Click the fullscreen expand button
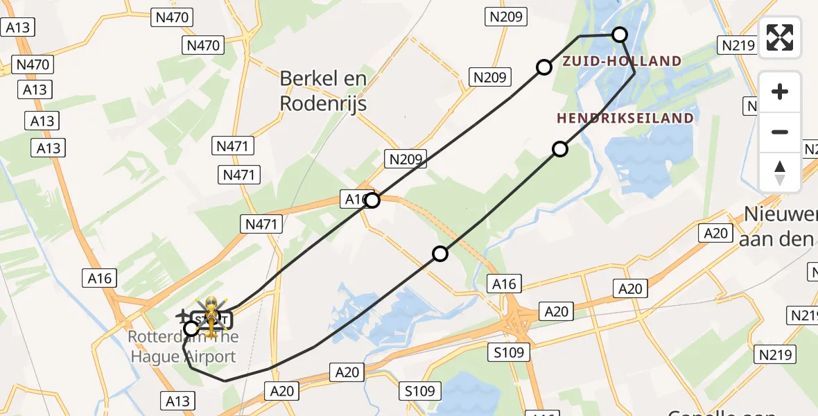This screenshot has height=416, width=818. [x=780, y=37]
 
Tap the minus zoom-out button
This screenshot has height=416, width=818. [x=780, y=132]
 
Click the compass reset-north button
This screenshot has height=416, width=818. [x=780, y=172]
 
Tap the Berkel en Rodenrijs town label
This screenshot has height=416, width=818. [x=323, y=91]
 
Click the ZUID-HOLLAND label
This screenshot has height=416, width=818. [x=622, y=61]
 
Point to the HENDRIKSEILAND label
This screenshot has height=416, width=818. [x=625, y=118]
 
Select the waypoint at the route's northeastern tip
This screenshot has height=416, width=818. [x=620, y=34]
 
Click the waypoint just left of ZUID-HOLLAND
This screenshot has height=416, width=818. [x=544, y=67]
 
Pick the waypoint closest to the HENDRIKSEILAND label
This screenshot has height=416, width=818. [x=559, y=148]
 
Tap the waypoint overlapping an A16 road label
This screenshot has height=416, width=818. [x=372, y=200]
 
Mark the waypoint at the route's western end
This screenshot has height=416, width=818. [x=191, y=329]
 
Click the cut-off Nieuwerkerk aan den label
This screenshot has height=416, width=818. [x=779, y=227]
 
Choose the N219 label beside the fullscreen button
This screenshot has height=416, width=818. [x=738, y=46]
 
